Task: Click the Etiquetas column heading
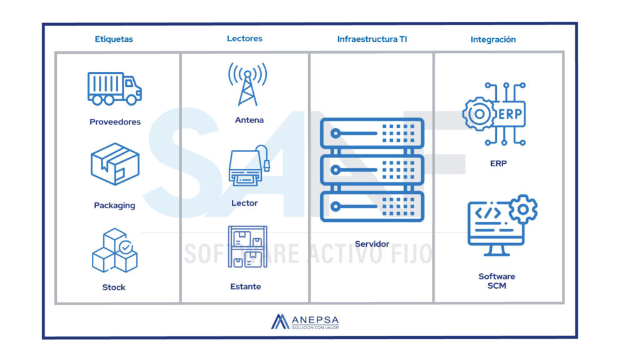pos(114,39)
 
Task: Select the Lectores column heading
pos(244,38)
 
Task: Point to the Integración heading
pos(493,39)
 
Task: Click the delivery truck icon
pos(114,88)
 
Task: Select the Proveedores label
pos(115,122)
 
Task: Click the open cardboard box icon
pos(115,164)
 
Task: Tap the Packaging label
pos(114,205)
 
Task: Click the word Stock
pos(114,287)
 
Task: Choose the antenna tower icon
pos(247,84)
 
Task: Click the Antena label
pos(249,120)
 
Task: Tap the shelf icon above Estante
pos(247,247)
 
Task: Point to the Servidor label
pos(372,244)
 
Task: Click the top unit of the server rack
pos(372,133)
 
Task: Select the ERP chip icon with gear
pos(494,114)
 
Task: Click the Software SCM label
pos(497,281)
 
